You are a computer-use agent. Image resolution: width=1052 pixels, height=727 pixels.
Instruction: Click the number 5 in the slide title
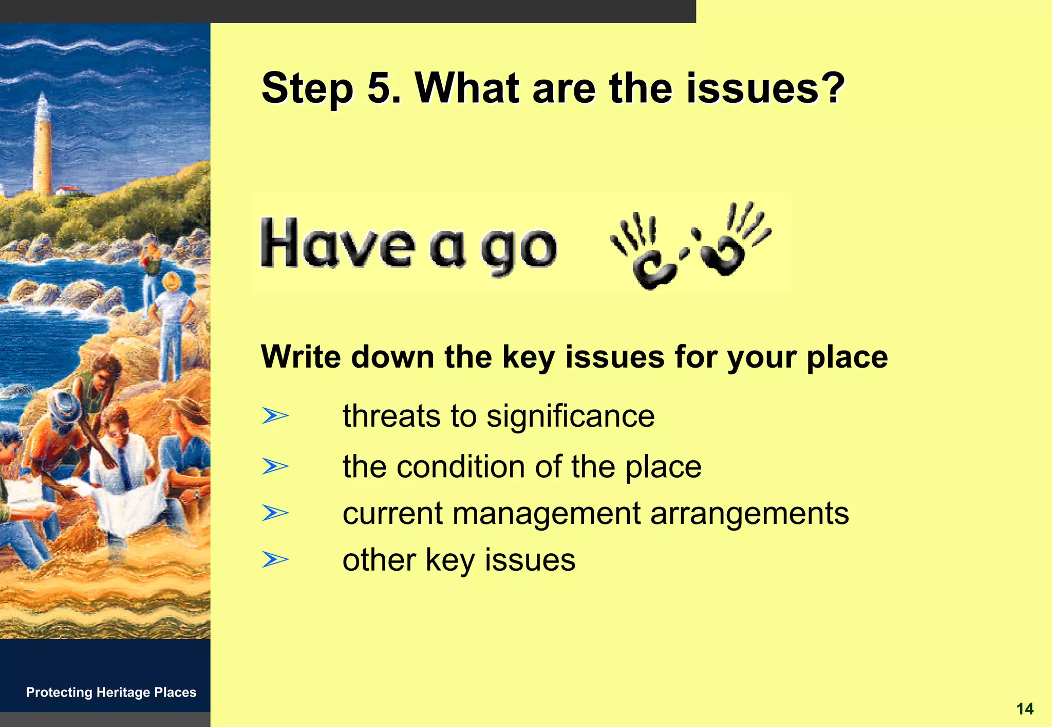tap(380, 88)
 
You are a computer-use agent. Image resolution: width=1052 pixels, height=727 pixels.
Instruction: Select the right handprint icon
tap(732, 239)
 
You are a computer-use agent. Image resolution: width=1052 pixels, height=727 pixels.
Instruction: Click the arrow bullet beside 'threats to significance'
tap(275, 415)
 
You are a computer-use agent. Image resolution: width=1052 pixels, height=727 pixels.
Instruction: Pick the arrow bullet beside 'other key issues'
tap(275, 559)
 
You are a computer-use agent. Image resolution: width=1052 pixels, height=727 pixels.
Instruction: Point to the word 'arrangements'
tap(749, 514)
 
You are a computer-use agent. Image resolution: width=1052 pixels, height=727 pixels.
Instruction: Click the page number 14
tap(1025, 709)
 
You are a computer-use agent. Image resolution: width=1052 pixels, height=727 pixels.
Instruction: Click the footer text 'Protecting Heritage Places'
tap(111, 692)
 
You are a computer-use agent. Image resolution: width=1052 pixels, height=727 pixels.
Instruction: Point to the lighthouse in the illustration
tap(42, 147)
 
